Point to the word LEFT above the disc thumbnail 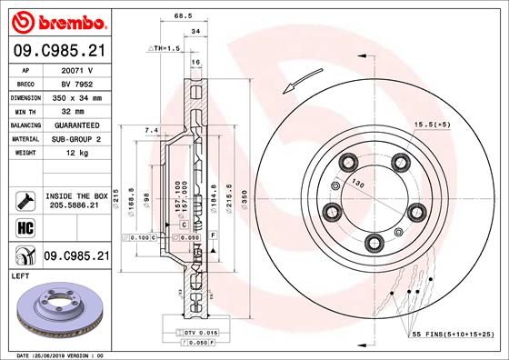pyautogui.click(x=20, y=275)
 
